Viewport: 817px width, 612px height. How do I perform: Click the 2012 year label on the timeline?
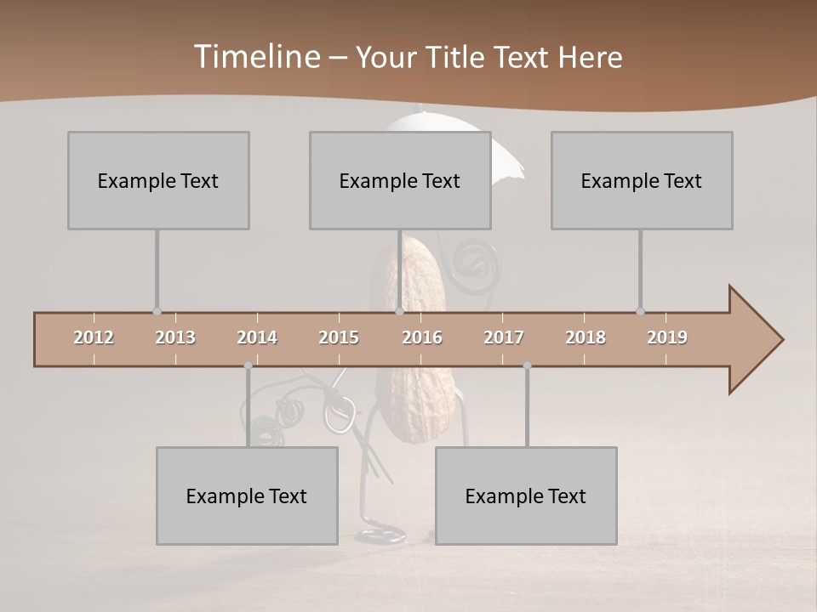click(x=94, y=337)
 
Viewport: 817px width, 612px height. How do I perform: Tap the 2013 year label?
click(x=175, y=337)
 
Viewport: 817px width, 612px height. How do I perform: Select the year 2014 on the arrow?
click(x=257, y=337)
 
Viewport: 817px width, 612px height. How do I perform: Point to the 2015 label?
click(x=339, y=337)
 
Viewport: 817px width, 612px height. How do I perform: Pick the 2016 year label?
click(x=422, y=337)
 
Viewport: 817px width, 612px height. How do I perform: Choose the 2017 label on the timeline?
click(x=504, y=337)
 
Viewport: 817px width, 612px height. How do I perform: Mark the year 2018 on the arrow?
click(x=586, y=337)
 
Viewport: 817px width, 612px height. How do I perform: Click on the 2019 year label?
click(x=667, y=337)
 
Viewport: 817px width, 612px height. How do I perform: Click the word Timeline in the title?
click(x=256, y=56)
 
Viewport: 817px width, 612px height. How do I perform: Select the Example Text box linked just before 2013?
click(x=158, y=180)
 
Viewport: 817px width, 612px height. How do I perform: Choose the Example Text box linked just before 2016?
click(x=400, y=180)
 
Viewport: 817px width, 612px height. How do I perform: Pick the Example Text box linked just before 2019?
click(x=642, y=180)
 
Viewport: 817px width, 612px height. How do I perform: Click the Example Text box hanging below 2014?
click(x=247, y=496)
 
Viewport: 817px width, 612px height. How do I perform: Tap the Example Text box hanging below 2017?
click(x=526, y=496)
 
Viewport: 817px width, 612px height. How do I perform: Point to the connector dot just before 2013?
click(x=157, y=312)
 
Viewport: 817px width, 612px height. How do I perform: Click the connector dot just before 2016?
click(x=400, y=312)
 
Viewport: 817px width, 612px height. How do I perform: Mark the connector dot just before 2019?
click(x=640, y=312)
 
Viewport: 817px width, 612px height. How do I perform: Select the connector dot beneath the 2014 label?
click(x=248, y=365)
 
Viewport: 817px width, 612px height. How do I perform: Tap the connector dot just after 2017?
click(x=527, y=365)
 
